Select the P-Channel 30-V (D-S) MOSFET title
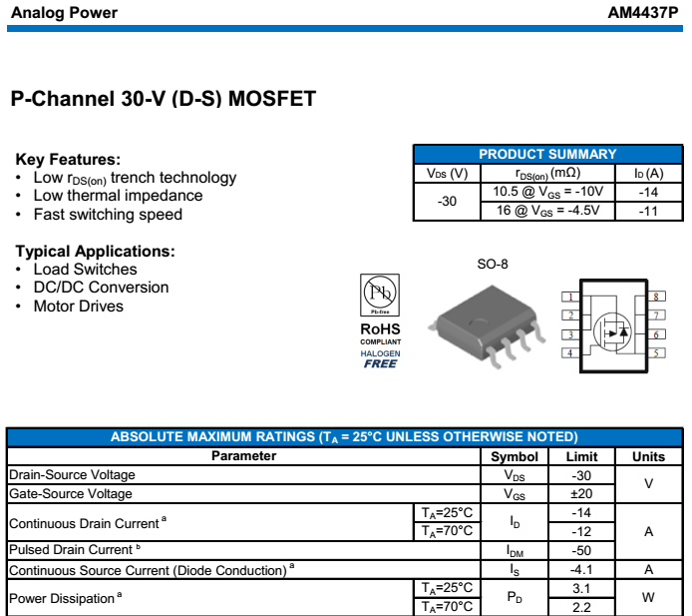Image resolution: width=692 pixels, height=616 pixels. pyautogui.click(x=163, y=99)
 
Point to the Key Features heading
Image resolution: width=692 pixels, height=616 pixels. pyautogui.click(x=68, y=159)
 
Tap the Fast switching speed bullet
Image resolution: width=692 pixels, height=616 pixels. pyautogui.click(x=108, y=215)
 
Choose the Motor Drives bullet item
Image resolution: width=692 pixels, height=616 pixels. pyautogui.click(x=78, y=307)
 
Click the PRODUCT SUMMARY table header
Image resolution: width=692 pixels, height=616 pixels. pyautogui.click(x=547, y=154)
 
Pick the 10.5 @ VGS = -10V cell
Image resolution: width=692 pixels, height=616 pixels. pyautogui.click(x=547, y=191)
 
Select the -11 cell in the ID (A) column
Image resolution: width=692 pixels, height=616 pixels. pyautogui.click(x=648, y=211)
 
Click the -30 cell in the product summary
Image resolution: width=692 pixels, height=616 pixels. pyautogui.click(x=447, y=201)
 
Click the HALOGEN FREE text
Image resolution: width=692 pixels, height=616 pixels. pyautogui.click(x=380, y=358)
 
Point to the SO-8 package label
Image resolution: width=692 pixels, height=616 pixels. pyautogui.click(x=493, y=265)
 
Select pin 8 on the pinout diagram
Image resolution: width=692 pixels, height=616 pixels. pyautogui.click(x=658, y=297)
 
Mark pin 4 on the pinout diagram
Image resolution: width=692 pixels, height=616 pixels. pyautogui.click(x=569, y=353)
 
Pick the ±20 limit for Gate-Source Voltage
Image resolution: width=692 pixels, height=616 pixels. pyautogui.click(x=582, y=494)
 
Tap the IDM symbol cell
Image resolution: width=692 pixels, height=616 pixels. pyautogui.click(x=515, y=550)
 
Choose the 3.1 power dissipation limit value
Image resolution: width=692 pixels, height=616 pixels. pyautogui.click(x=582, y=589)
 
